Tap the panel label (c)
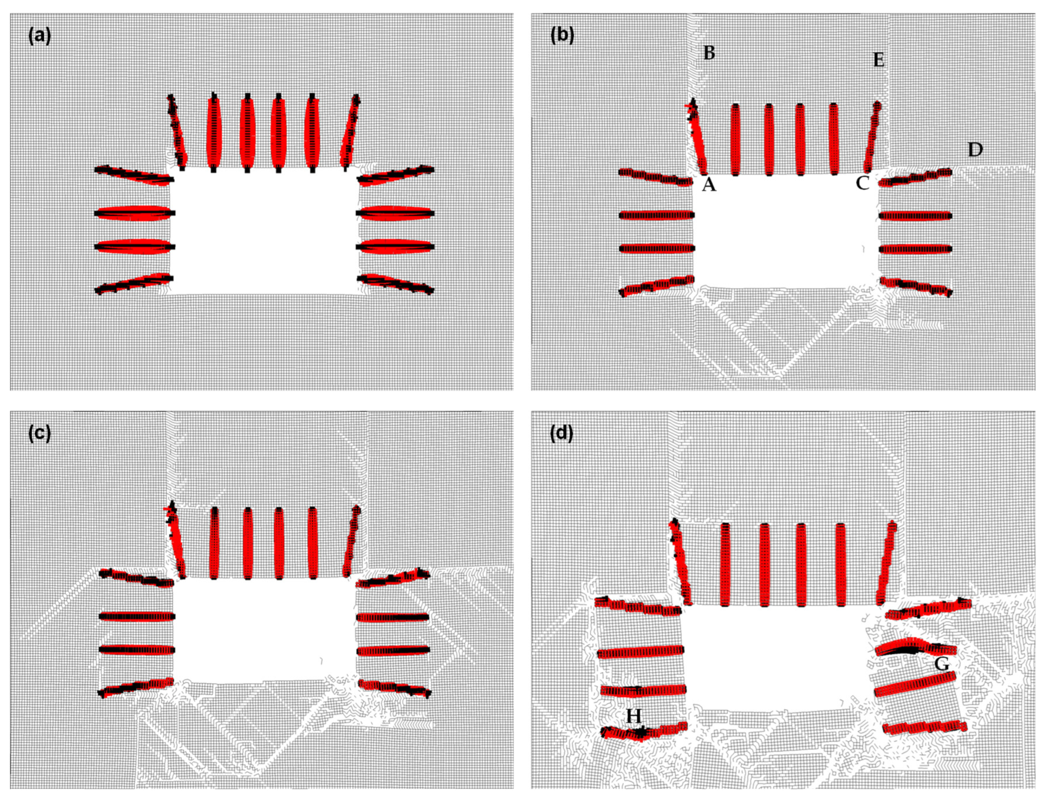39,434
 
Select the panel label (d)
562,434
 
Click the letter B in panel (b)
709,53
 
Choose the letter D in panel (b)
975,150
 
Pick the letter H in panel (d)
633,729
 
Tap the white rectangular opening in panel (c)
265,629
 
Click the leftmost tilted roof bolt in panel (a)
177,131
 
